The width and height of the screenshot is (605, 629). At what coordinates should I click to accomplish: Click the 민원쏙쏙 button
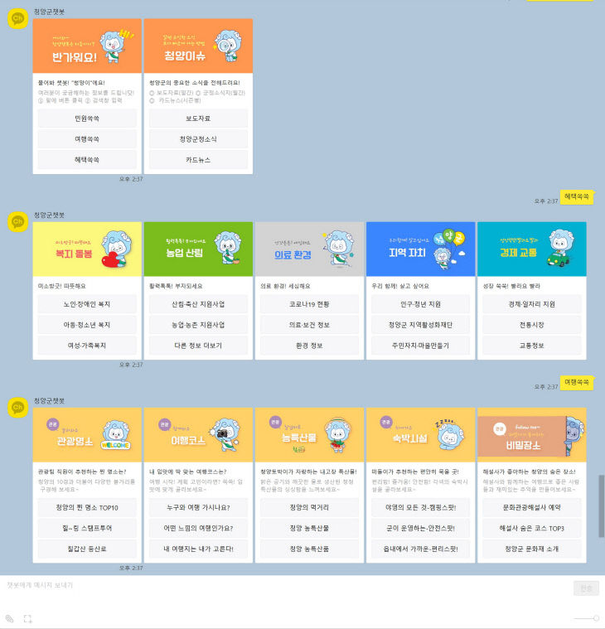pos(86,118)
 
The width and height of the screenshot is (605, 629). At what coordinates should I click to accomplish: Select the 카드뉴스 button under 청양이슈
pos(198,159)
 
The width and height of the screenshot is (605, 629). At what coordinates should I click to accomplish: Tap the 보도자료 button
pos(198,118)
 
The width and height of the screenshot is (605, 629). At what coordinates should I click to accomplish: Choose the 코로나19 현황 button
pos(309,304)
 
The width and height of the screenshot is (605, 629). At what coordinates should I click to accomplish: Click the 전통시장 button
pos(531,325)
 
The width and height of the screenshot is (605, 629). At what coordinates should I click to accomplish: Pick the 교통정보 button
pos(531,346)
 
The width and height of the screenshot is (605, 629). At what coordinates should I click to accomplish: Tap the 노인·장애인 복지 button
pos(86,304)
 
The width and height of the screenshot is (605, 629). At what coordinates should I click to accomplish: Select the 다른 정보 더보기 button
pos(198,346)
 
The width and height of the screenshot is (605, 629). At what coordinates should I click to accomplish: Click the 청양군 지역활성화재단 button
pos(420,325)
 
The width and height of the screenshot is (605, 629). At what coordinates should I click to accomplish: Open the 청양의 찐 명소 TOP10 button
pos(86,507)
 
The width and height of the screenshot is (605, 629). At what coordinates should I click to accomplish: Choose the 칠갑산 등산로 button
pos(86,549)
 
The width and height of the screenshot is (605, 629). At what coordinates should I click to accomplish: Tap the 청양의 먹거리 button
pos(309,507)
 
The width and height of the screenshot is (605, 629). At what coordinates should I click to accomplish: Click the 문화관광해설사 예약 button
pos(531,507)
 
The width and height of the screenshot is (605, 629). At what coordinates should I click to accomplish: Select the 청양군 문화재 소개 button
pos(531,549)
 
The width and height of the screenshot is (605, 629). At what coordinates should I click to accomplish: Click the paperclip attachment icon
pos(10,618)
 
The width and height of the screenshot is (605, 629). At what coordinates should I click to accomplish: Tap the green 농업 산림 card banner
pos(198,249)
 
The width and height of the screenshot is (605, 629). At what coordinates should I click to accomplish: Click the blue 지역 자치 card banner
pos(420,249)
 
